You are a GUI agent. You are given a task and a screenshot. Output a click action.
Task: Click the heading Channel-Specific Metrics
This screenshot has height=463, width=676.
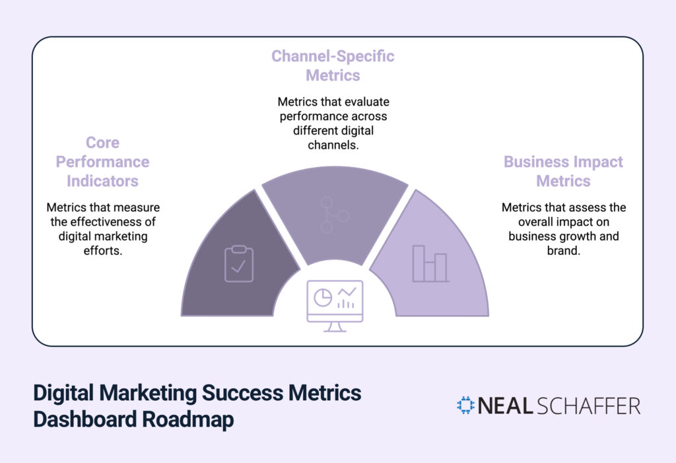point(333,65)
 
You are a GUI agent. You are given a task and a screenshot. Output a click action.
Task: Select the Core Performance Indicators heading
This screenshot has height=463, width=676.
point(102,162)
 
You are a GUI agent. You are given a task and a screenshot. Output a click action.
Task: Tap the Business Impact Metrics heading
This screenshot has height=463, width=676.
point(563,171)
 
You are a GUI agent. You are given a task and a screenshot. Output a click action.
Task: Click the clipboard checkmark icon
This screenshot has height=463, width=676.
point(238,264)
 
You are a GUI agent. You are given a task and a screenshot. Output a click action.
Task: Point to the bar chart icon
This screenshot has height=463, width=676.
point(430,264)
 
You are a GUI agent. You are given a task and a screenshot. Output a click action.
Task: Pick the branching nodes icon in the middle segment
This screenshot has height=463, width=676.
point(335,213)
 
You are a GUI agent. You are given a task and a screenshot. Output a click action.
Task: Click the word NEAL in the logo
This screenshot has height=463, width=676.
point(505,406)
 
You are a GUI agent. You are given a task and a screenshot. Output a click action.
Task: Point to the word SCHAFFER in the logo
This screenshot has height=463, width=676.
point(590,406)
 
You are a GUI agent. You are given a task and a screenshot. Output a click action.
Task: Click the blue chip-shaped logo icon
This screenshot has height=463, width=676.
point(465,406)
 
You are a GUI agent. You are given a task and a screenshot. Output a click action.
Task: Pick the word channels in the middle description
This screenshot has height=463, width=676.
point(333,145)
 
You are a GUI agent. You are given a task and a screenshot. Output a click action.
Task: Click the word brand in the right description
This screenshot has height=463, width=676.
point(563,251)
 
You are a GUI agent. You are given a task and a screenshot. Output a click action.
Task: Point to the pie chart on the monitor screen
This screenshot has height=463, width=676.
point(322,298)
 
